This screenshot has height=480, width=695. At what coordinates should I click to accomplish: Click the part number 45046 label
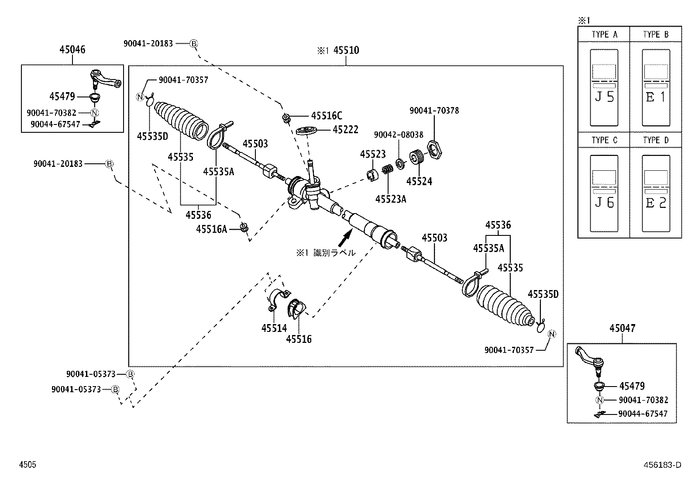tap(72, 50)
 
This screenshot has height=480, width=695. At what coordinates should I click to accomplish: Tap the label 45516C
tap(327, 116)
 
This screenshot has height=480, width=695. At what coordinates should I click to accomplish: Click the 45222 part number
tap(345, 130)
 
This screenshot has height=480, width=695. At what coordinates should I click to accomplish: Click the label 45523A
tap(391, 199)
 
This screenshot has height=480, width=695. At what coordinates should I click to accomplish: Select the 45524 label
tap(419, 181)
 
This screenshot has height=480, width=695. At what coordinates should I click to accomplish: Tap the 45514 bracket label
tap(274, 328)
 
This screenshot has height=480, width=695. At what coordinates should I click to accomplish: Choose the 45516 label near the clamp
tap(299, 339)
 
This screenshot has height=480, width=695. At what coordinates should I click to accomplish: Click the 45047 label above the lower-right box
tap(622, 328)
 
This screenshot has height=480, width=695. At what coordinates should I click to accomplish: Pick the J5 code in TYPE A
tap(604, 97)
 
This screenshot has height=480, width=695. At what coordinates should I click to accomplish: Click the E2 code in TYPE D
tap(655, 203)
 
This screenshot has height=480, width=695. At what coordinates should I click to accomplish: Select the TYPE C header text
tap(604, 140)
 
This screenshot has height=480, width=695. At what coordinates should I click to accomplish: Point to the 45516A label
tap(211, 229)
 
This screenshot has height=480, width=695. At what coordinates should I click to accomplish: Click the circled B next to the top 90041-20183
tap(194, 43)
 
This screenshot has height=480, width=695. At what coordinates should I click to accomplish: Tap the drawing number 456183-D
tap(662, 465)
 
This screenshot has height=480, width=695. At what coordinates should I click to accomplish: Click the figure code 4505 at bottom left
tap(28, 465)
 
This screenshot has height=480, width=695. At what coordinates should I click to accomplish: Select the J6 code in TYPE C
tap(604, 203)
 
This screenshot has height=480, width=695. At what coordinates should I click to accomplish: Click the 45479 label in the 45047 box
tap(632, 386)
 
